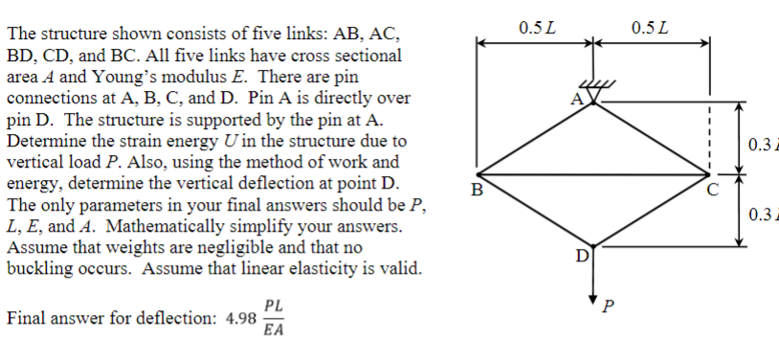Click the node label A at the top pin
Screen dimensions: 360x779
(x=576, y=99)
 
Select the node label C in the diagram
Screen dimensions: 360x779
(x=709, y=187)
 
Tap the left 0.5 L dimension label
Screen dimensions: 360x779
(x=537, y=24)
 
